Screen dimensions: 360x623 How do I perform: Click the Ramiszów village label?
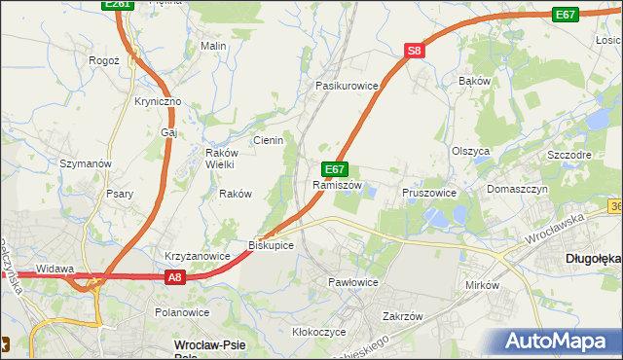tap(337, 185)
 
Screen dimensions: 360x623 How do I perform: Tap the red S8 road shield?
tap(415, 51)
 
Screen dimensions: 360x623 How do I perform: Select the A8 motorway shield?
tap(173, 277)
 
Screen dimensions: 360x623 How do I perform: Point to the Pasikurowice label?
tap(346, 86)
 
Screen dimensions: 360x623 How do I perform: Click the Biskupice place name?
tap(271, 244)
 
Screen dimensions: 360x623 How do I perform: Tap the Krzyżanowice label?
tap(197, 256)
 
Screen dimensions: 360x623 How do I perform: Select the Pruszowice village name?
tap(429, 193)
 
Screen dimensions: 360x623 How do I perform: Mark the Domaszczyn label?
tap(518, 188)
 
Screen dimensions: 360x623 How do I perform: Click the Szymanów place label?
tap(87, 163)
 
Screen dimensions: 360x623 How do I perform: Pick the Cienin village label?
tap(268, 140)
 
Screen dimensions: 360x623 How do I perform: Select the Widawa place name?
tap(55, 269)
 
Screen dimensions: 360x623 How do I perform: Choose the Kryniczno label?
tap(158, 101)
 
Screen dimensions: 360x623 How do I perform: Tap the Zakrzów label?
tap(402, 316)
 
